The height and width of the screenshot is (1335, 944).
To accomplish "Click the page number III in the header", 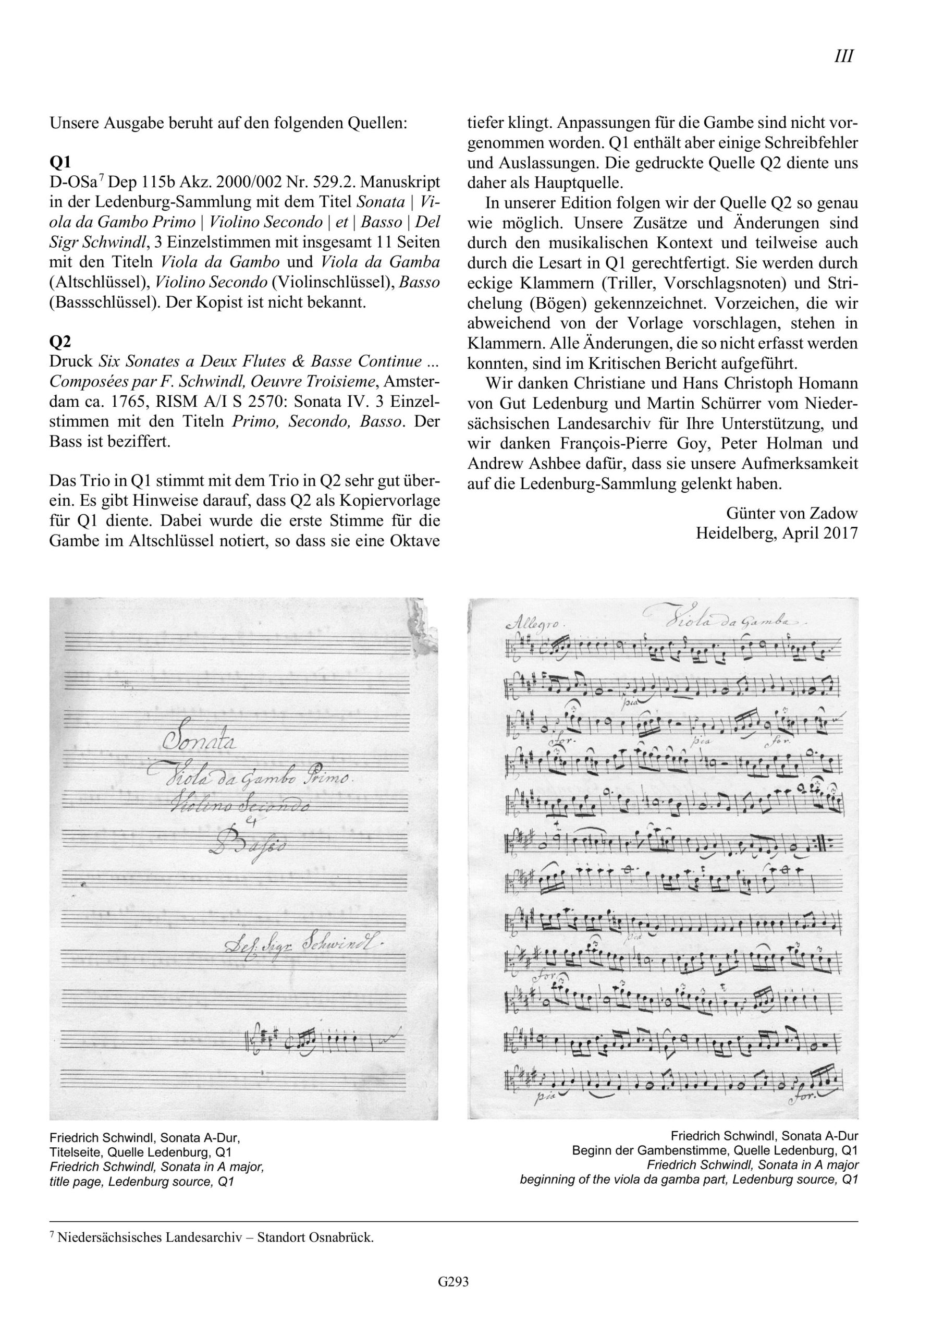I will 843,57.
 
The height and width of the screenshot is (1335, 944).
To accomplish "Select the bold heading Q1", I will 60,162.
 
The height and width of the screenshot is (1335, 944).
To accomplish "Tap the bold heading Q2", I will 60,341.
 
